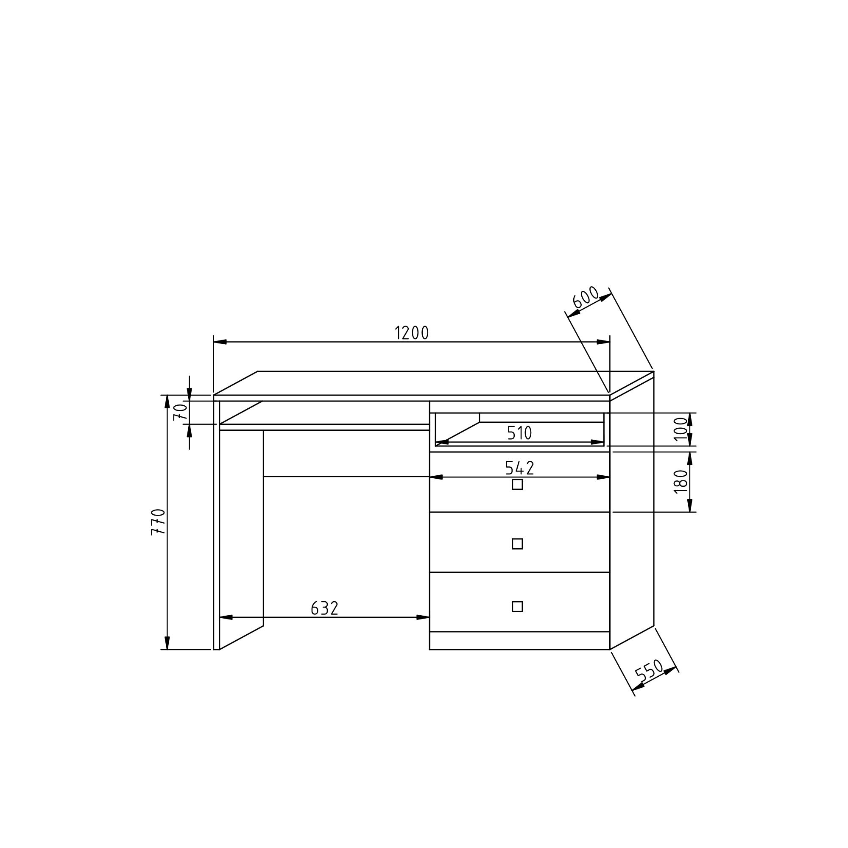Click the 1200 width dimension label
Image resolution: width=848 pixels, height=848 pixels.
[x=411, y=333]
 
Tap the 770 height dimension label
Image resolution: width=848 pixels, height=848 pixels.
[x=158, y=522]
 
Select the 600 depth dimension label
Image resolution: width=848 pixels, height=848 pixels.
[x=586, y=297]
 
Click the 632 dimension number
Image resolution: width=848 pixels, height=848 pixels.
[x=324, y=608]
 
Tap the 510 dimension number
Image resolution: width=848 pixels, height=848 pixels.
[x=520, y=433]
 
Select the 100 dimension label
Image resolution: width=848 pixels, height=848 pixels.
[x=681, y=428]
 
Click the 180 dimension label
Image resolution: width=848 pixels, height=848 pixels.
[x=681, y=482]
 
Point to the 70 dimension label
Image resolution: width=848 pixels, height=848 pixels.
[x=180, y=412]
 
